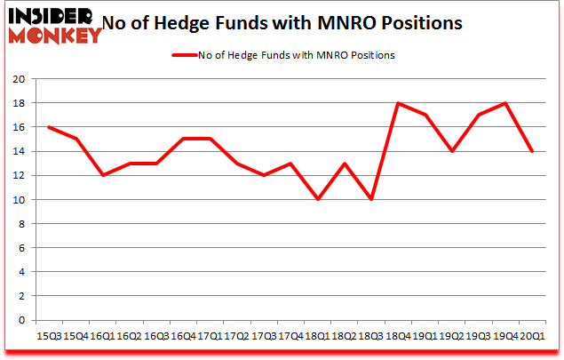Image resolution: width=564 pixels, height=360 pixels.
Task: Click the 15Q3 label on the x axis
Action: pyautogui.click(x=50, y=336)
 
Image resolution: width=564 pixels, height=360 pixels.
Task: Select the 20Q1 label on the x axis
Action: pyautogui.click(x=531, y=336)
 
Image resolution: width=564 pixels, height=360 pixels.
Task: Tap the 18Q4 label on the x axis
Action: pyautogui.click(x=397, y=336)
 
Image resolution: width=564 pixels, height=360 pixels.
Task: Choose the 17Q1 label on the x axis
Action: pyautogui.click(x=210, y=336)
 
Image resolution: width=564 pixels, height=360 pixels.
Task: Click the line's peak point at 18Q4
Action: pyautogui.click(x=397, y=103)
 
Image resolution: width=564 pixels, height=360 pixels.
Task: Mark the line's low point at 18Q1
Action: pyautogui.click(x=317, y=199)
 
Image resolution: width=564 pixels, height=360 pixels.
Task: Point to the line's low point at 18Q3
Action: pyautogui.click(x=370, y=199)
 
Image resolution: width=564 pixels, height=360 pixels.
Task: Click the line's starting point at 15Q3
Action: pyautogui.click(x=50, y=127)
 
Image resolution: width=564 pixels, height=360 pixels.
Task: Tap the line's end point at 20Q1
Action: pyautogui.click(x=531, y=151)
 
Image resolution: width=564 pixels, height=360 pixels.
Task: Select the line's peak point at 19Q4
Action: pyautogui.click(x=504, y=103)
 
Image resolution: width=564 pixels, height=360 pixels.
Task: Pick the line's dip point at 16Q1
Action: pyautogui.click(x=103, y=175)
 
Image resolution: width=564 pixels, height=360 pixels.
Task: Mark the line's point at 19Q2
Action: pyautogui.click(x=451, y=151)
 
